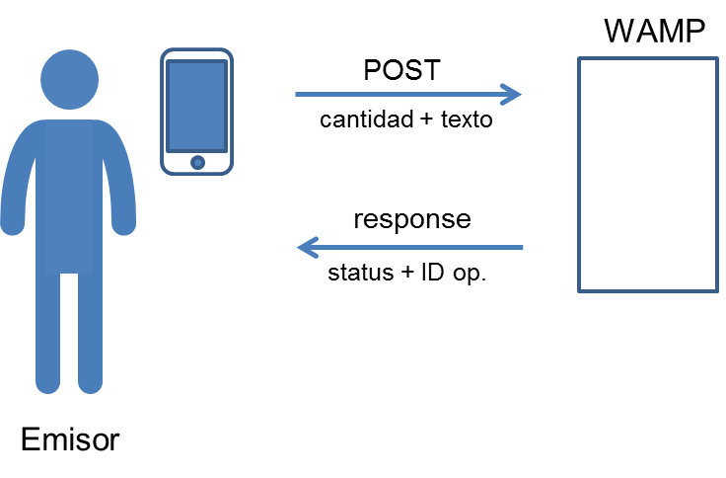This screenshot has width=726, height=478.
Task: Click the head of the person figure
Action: point(69,79)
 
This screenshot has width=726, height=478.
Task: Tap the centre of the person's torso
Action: point(69,193)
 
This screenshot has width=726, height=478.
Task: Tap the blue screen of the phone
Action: point(197,105)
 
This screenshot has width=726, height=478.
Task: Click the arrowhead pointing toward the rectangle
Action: point(513,95)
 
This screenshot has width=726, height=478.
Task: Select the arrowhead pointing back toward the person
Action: point(306,247)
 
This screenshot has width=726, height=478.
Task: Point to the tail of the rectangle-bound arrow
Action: point(299,95)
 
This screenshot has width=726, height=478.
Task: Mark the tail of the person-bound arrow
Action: point(520,247)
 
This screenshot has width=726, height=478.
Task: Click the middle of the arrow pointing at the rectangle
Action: point(406,95)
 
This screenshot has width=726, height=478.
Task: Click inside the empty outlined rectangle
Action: point(648,175)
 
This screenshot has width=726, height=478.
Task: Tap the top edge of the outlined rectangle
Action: point(648,58)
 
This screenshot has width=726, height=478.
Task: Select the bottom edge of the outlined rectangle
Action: point(648,291)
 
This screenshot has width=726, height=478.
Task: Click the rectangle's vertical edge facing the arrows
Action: point(579,175)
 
